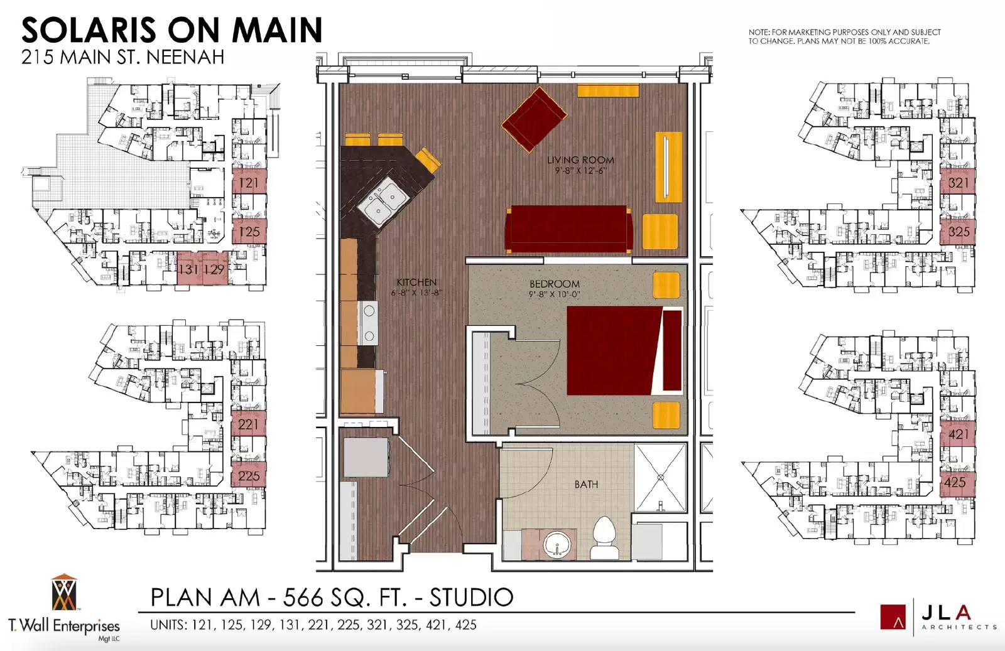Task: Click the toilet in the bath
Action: click(604, 538)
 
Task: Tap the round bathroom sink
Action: click(558, 545)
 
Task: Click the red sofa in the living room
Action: click(568, 229)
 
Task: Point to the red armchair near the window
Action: click(534, 119)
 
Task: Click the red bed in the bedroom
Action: click(624, 350)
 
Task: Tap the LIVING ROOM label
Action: click(580, 160)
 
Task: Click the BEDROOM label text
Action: click(555, 284)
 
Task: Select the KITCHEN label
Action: click(416, 282)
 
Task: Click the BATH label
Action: click(586, 484)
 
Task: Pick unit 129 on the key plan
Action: click(214, 269)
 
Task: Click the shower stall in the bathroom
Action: click(660, 478)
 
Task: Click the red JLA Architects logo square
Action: click(893, 617)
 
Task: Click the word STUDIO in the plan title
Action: click(472, 597)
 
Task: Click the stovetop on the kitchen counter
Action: click(368, 323)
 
